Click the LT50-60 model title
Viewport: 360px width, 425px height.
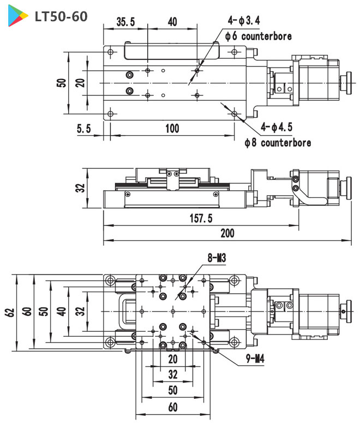coord(61,17)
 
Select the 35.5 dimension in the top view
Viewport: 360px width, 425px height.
coord(126,22)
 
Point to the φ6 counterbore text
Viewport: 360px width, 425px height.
coord(258,37)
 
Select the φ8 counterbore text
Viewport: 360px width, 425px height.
coord(278,142)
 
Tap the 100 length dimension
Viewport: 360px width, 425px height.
coord(172,129)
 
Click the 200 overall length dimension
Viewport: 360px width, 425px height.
coord(227,233)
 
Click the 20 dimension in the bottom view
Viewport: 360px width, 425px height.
coord(173,359)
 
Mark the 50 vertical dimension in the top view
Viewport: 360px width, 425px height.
coord(62,83)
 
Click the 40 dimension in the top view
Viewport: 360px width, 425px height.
coord(172,22)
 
